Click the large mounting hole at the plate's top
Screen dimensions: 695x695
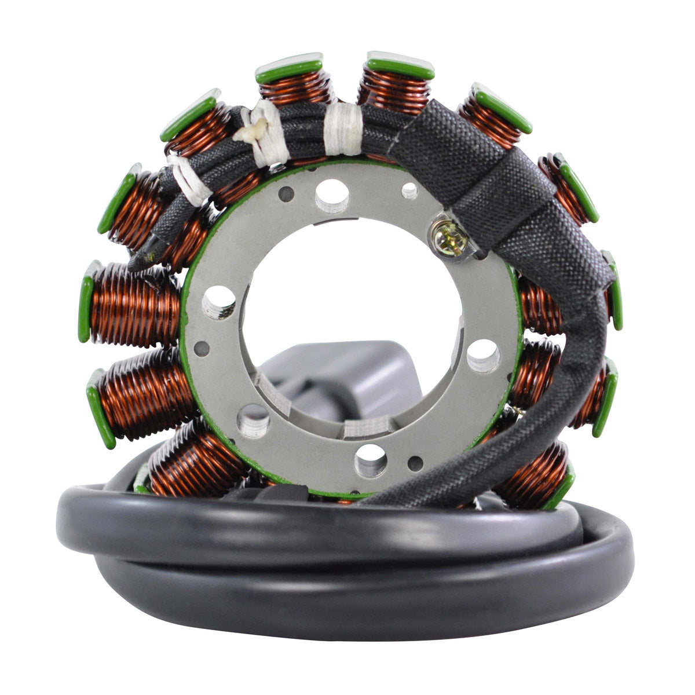[x=332, y=195]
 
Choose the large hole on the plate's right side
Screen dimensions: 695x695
[x=484, y=355]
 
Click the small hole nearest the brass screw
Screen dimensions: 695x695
[x=409, y=191]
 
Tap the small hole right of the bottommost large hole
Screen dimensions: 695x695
[x=415, y=463]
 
